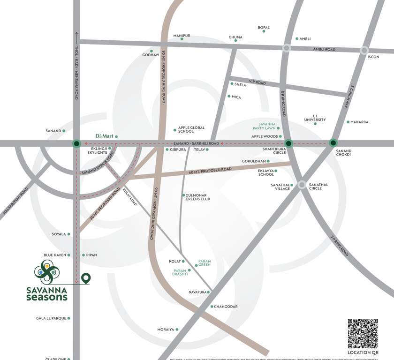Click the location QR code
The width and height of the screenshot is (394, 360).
[363, 334]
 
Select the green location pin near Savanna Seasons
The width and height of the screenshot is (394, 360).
[85, 278]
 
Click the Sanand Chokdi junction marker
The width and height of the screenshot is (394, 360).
[333, 142]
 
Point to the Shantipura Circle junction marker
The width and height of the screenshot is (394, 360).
[289, 143]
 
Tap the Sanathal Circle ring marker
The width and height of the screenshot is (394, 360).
[302, 185]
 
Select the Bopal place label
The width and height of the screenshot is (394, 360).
[264, 28]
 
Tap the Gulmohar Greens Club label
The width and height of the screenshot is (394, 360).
[197, 197]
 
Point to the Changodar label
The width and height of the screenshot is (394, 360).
[226, 307]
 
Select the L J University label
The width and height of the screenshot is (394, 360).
[315, 118]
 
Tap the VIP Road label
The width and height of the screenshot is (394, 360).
[257, 83]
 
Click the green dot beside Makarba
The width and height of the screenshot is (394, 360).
[348, 122]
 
